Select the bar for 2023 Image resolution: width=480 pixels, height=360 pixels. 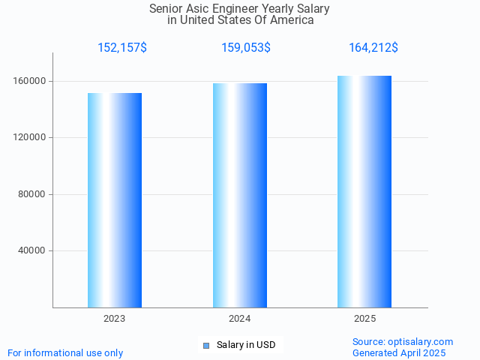[x=115, y=200]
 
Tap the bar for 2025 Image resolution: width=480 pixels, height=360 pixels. [x=364, y=191]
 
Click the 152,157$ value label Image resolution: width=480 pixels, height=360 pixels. [x=122, y=48]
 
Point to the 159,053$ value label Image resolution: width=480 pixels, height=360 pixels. [x=246, y=48]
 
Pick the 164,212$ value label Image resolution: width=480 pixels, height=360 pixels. [x=373, y=48]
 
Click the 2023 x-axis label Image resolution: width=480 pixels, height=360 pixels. [x=115, y=319]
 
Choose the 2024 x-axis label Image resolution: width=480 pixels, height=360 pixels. [x=240, y=319]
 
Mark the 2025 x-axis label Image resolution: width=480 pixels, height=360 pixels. [x=365, y=319]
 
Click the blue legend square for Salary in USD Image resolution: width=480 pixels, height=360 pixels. [x=206, y=346]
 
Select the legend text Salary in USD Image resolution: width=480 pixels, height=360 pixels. [x=246, y=345]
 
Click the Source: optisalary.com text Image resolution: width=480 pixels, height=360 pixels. [x=403, y=342]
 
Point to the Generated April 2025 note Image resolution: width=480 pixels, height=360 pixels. [x=399, y=353]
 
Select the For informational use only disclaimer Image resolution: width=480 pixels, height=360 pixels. [x=65, y=353]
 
